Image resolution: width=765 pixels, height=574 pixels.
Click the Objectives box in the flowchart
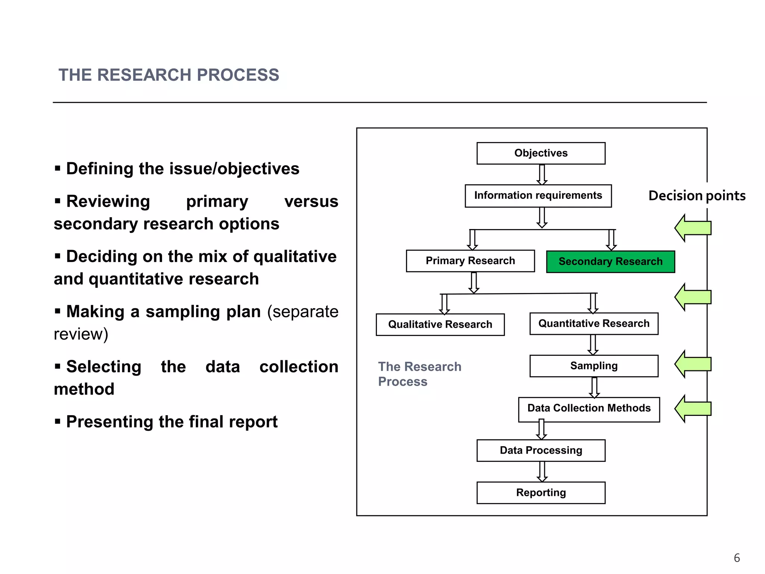point(541,153)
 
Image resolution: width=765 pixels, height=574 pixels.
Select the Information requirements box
point(538,195)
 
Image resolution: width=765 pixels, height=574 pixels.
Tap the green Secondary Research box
point(610,262)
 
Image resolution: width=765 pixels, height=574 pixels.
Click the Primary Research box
point(470,261)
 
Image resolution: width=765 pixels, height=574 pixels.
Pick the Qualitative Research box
point(440,324)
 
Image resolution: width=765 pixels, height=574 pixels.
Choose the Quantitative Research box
point(594,324)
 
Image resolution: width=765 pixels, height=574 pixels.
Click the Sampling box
point(594,366)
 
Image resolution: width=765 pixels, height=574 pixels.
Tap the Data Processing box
point(541,450)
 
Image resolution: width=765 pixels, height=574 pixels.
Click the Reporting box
point(541,493)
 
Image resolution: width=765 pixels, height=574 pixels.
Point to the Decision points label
point(697,196)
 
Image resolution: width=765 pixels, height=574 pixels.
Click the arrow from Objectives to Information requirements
point(542,175)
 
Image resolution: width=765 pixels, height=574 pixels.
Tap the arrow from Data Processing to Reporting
point(542,472)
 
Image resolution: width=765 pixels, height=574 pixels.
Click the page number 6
point(737,558)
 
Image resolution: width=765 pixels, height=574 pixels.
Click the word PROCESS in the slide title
point(238,75)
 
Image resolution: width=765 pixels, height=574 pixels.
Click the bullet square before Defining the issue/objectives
point(58,169)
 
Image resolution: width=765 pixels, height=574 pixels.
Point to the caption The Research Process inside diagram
point(419,374)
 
